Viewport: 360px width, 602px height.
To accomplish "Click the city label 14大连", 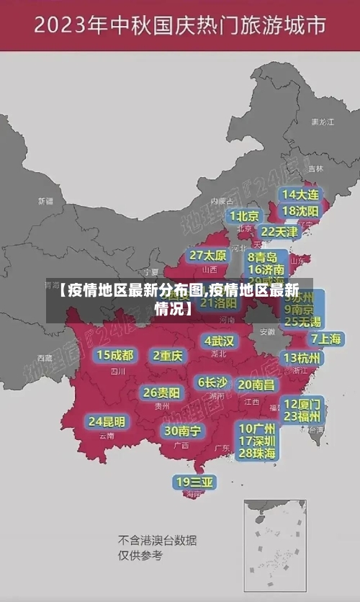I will [x=301, y=195].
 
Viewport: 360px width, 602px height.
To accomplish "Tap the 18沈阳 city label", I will [x=301, y=211].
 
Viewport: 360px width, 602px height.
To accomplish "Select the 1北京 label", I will [x=244, y=215].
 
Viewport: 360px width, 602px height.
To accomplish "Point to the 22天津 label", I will [x=279, y=232].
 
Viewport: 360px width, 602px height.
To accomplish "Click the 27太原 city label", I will [x=209, y=256].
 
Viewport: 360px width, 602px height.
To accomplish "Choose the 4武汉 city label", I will [x=219, y=341].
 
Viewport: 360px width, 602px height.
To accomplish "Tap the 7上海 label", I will [x=326, y=338].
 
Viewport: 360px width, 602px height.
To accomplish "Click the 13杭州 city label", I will [x=303, y=358].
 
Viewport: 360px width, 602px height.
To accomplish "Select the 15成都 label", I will [x=115, y=355].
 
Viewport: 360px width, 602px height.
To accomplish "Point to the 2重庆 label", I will [x=168, y=355].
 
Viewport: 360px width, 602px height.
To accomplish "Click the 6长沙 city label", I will [x=212, y=382].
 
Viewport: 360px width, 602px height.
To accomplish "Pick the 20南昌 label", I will [x=256, y=385].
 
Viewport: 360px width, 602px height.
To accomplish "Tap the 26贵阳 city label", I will [x=161, y=392].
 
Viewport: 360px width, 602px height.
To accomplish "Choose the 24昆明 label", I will [x=107, y=421].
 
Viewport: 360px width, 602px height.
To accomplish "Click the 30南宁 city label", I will [x=183, y=431].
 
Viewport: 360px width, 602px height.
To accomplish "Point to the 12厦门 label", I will [x=303, y=403].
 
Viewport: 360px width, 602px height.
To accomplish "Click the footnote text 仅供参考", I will [x=140, y=556].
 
